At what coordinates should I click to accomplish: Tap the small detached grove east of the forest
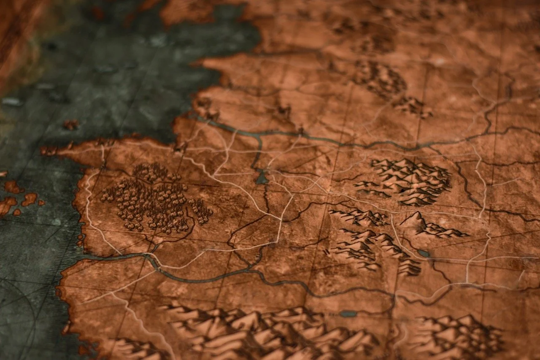tap(202, 211)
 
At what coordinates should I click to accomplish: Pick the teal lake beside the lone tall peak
tap(424, 253)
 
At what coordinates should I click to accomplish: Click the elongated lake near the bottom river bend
tap(348, 314)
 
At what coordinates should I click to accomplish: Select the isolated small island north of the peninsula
tap(71, 125)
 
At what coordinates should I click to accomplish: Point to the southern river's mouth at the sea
tap(84, 257)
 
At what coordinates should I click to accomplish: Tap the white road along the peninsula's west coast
tap(88, 203)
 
